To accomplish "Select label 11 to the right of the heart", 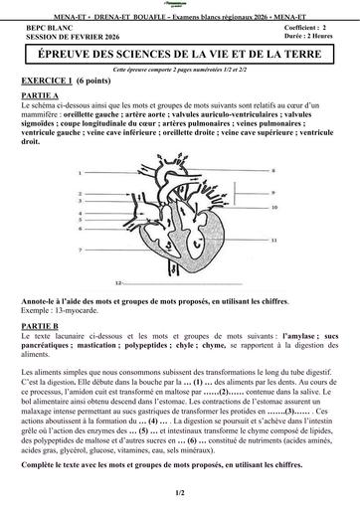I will (273, 241).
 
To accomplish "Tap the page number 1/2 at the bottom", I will (180, 492).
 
